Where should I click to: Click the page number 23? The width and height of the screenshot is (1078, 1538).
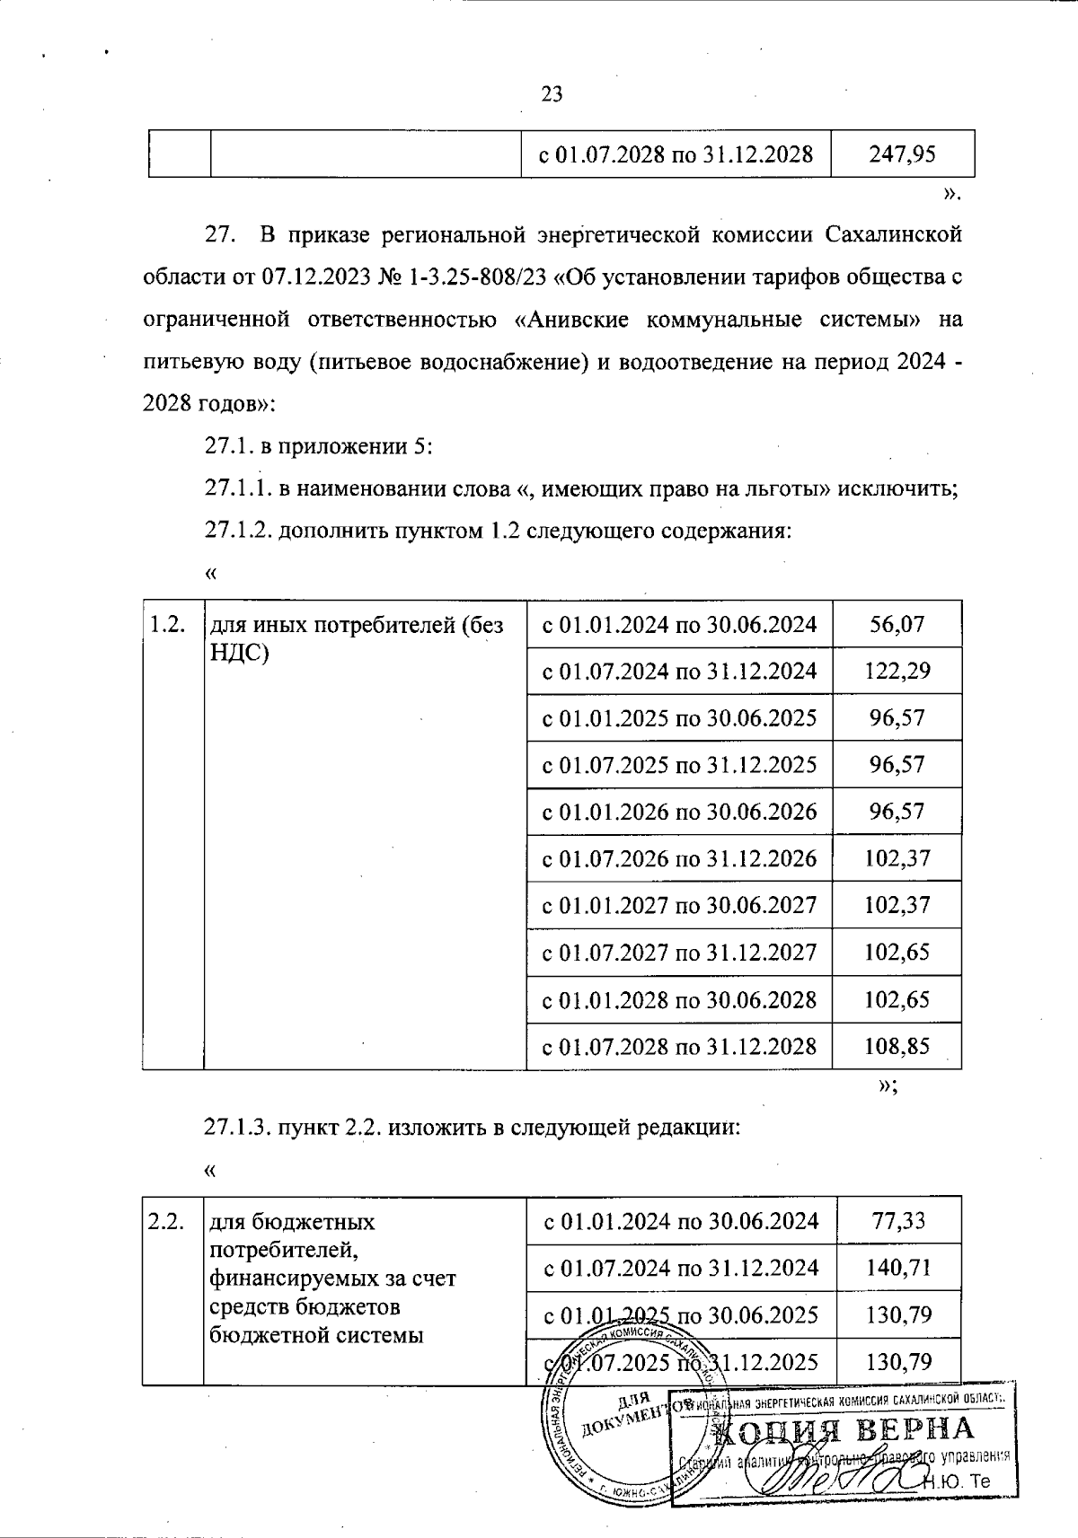click(552, 93)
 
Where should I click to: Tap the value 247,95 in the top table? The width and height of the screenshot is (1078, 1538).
click(903, 154)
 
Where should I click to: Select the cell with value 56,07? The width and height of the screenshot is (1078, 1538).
click(897, 624)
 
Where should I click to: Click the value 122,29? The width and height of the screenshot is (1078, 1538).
click(897, 671)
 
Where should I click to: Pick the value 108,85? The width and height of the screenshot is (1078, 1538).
click(897, 1046)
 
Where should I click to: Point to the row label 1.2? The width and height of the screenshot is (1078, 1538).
click(167, 625)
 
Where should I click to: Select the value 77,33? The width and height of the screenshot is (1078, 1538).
click(898, 1220)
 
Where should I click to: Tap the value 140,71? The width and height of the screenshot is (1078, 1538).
click(898, 1268)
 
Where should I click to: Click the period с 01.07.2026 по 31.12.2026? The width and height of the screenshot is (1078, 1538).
click(679, 858)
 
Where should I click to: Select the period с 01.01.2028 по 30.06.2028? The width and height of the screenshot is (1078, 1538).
click(679, 999)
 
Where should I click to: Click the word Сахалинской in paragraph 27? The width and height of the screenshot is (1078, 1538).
click(893, 235)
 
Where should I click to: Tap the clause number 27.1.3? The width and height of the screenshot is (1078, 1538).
click(237, 1128)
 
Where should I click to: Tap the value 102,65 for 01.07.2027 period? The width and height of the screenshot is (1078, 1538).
click(897, 952)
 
